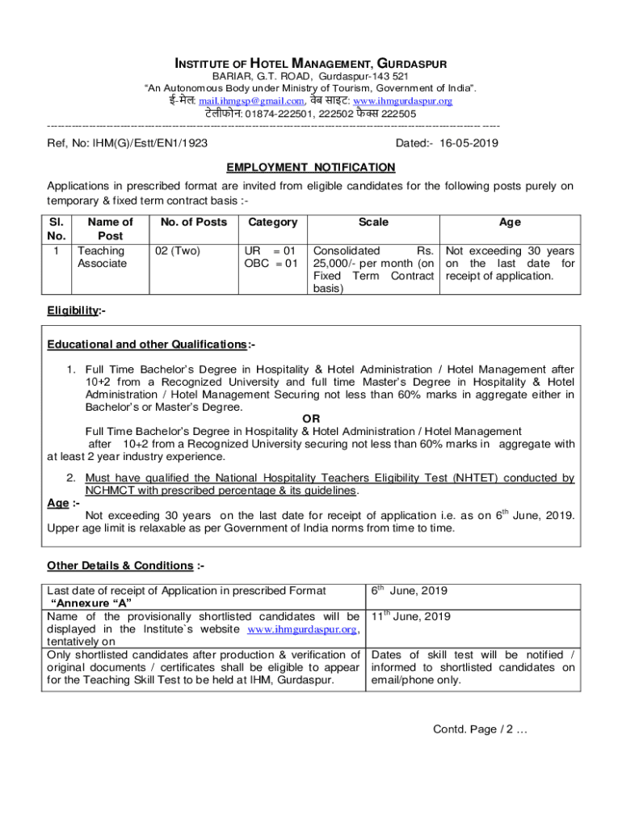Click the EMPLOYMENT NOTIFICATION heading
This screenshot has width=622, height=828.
coord(311,167)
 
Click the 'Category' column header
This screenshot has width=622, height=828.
coord(273,222)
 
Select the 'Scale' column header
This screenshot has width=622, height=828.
coord(373,222)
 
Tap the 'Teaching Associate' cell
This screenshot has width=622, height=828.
coord(101,257)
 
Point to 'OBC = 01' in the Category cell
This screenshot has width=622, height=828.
coord(271,264)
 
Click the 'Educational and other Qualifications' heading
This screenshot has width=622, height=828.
coord(150,345)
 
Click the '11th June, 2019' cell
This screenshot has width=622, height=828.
coord(411,617)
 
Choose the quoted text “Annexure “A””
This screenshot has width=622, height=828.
coord(91,603)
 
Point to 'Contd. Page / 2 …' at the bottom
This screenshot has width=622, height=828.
coord(480,729)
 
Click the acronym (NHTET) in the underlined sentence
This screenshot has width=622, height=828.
coord(422,478)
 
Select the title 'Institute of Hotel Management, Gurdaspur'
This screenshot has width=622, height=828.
coord(311,63)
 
